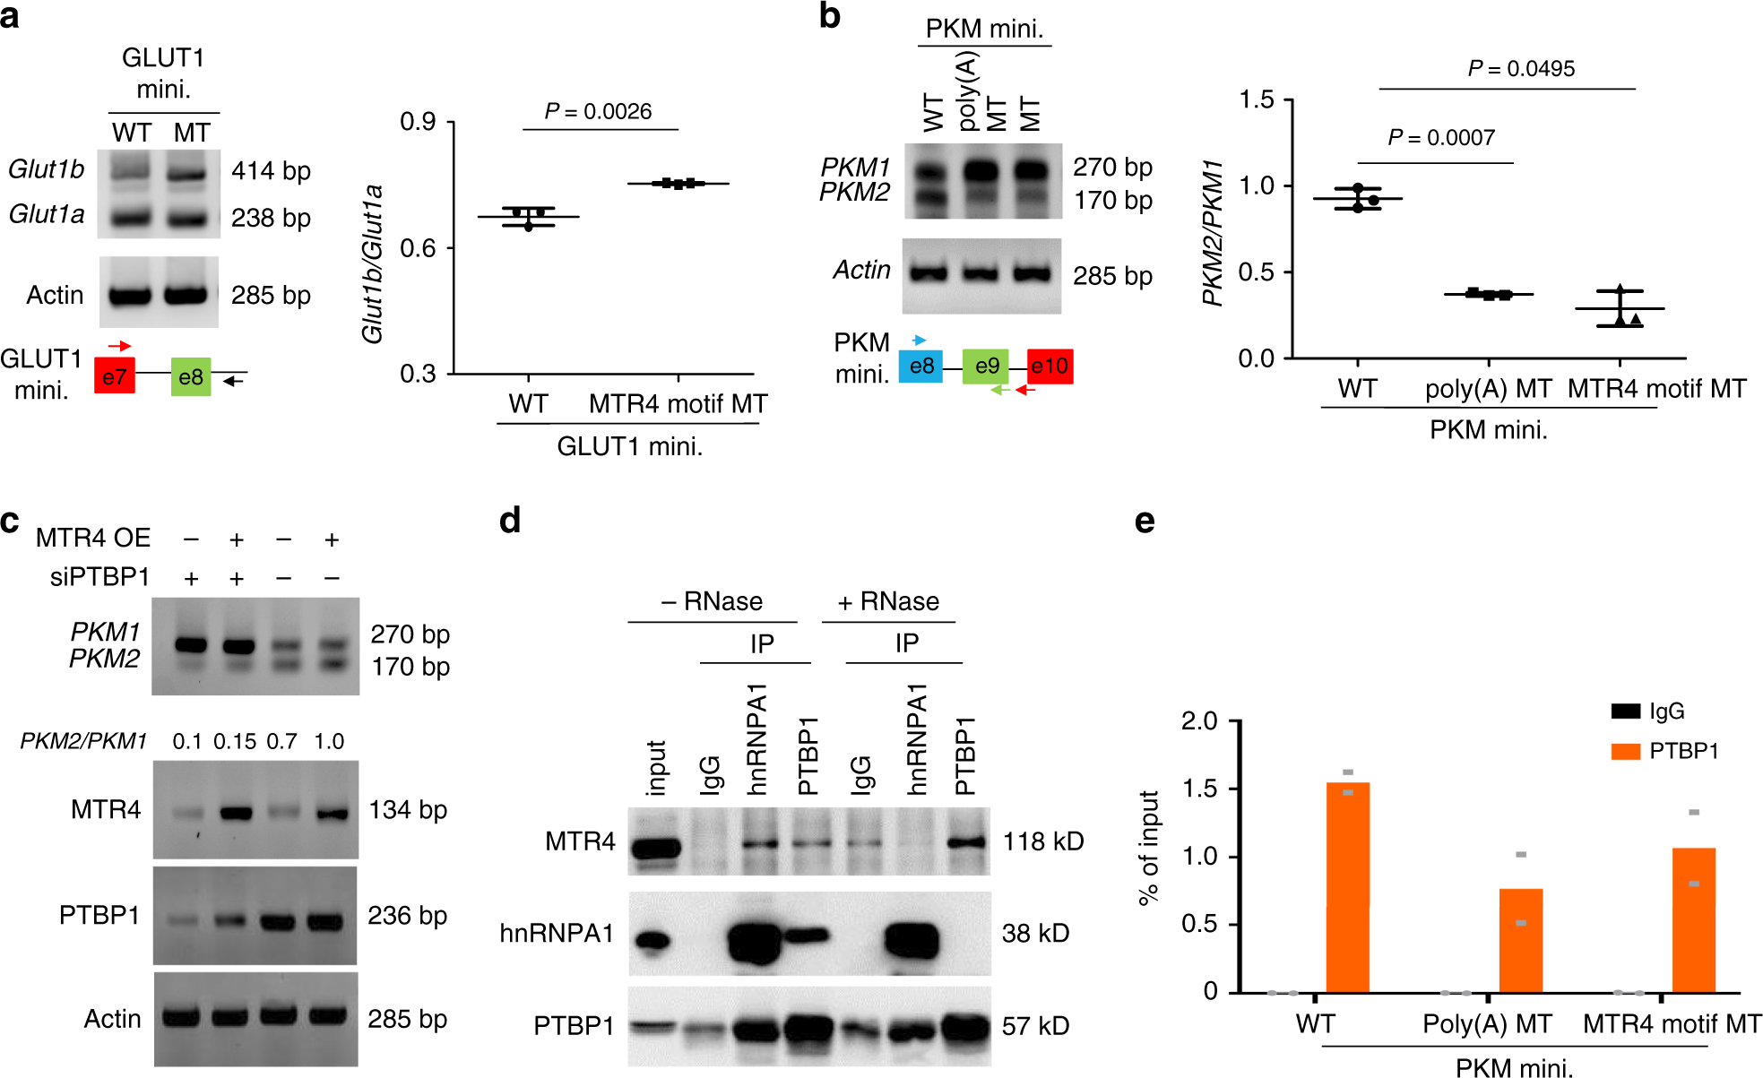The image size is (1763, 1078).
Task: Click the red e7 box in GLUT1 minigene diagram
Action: coord(115,376)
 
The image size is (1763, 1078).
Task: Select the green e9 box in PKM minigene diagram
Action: coord(986,367)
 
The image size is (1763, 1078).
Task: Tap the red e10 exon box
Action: coord(1050,367)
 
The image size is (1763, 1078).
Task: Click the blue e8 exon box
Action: coord(920,367)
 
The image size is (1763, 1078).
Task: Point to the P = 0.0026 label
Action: coord(598,111)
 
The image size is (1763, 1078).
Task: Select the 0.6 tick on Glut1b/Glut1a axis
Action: coord(418,248)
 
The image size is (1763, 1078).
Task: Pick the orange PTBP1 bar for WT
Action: coord(1348,887)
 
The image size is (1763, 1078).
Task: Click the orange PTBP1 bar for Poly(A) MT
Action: coord(1521,940)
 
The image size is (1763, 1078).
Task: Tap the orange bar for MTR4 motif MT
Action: coord(1694,919)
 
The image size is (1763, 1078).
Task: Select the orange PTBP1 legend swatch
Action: coord(1625,751)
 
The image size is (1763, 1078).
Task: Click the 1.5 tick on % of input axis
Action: coord(1199,789)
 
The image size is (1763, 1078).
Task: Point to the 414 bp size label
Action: coord(271,170)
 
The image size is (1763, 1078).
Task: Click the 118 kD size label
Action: coord(1042,841)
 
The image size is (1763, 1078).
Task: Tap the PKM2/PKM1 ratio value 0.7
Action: coord(281,741)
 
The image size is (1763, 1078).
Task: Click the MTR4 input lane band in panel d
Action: coord(655,847)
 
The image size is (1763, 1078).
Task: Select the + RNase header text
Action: coord(888,601)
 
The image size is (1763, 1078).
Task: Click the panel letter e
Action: coord(1145,521)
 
